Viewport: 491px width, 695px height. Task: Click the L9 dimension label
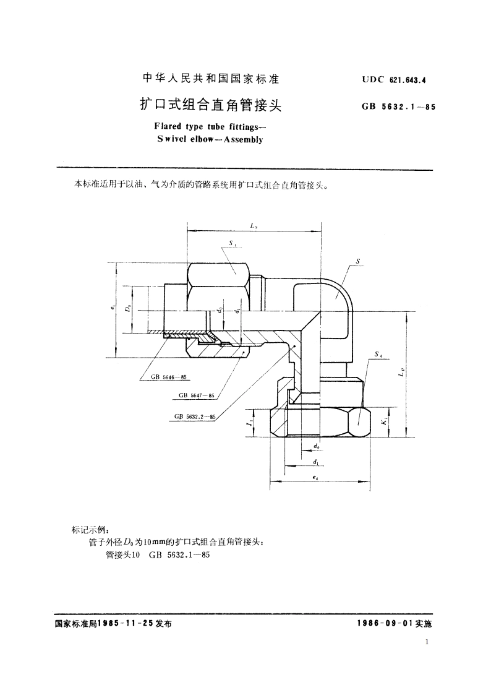tap(254, 227)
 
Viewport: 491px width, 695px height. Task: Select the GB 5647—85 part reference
tap(196, 395)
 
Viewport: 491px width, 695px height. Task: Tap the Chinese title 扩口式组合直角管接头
tap(211, 105)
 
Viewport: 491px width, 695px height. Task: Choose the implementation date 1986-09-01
tap(390, 624)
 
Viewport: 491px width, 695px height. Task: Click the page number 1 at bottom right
tap(427, 643)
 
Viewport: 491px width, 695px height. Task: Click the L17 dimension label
tap(401, 373)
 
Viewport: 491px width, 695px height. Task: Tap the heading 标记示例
tap(90, 530)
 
